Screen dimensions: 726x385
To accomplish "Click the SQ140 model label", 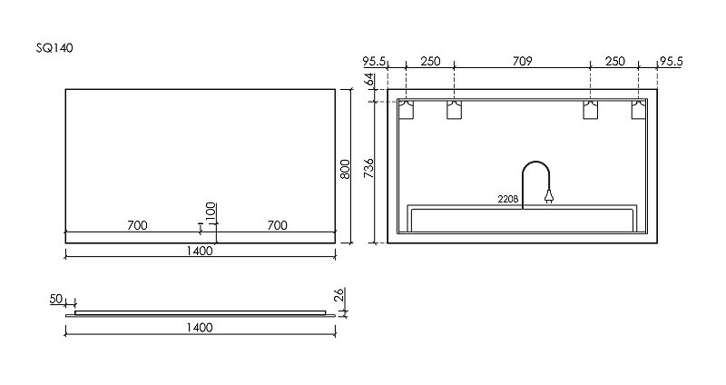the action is pyautogui.click(x=54, y=48).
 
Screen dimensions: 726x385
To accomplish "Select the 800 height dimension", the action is pyautogui.click(x=346, y=169).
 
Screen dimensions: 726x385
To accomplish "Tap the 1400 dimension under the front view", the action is pyautogui.click(x=200, y=251).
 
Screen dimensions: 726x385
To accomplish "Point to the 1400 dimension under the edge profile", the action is pyautogui.click(x=200, y=328).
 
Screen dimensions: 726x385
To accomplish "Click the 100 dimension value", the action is pyautogui.click(x=211, y=213).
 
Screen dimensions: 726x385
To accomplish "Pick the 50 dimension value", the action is pyautogui.click(x=56, y=299).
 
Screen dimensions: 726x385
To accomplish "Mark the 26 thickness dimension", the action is pyautogui.click(x=339, y=295).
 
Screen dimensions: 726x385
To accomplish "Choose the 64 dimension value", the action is pyautogui.click(x=369, y=80).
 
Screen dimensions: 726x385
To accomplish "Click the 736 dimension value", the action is pyautogui.click(x=369, y=169).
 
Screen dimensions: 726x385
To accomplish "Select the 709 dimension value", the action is pyautogui.click(x=523, y=61).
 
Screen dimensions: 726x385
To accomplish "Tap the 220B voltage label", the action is pyautogui.click(x=508, y=199).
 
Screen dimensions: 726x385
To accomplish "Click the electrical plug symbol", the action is pyautogui.click(x=549, y=197).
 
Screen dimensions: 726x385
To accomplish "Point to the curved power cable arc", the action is pyautogui.click(x=536, y=162).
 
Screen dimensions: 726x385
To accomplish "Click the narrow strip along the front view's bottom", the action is pyautogui.click(x=200, y=237).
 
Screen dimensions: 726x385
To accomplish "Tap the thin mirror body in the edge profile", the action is pyautogui.click(x=200, y=312).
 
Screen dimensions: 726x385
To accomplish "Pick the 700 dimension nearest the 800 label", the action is pyautogui.click(x=277, y=225).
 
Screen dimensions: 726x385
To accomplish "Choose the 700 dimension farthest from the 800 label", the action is pyautogui.click(x=138, y=225).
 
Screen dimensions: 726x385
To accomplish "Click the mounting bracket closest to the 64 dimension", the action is pyautogui.click(x=406, y=109).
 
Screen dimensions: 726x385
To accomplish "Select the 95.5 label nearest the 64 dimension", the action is pyautogui.click(x=374, y=61).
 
